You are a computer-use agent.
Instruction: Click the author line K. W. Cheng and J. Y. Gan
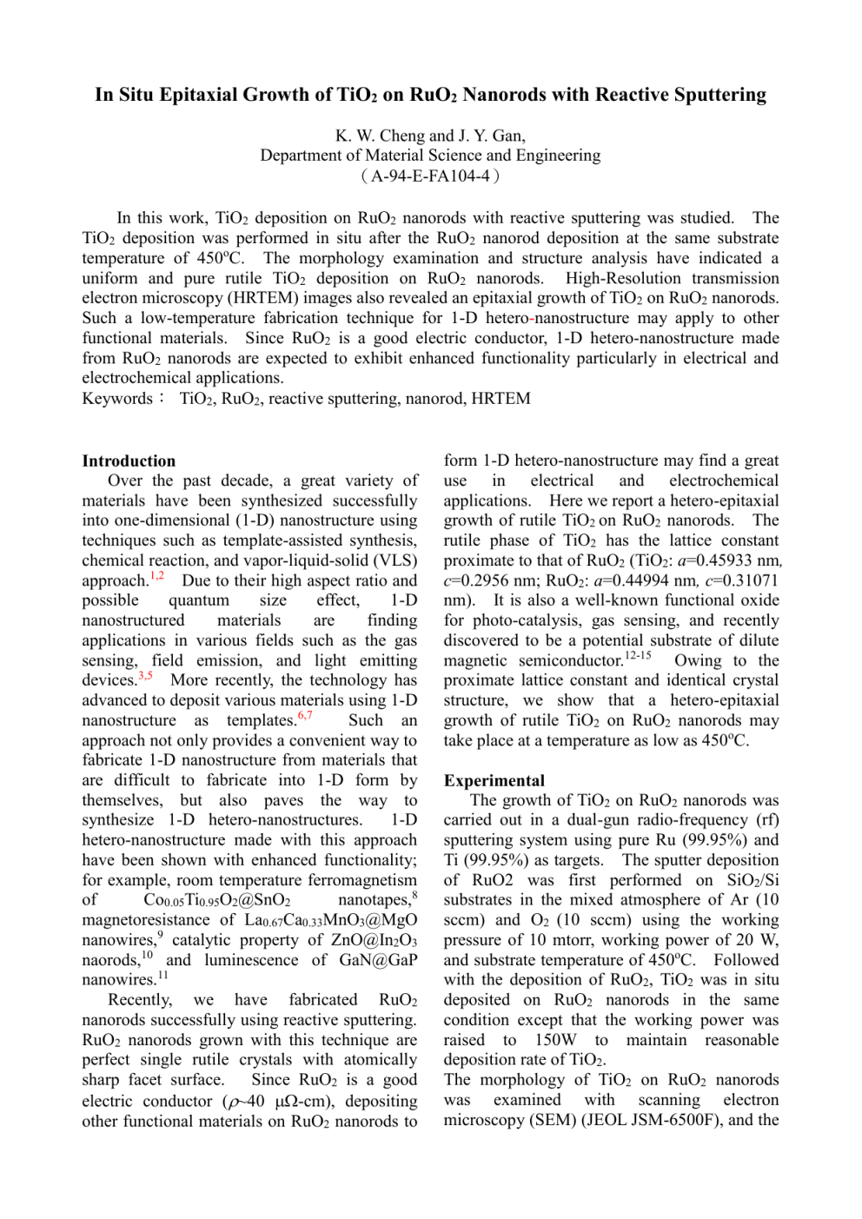430,136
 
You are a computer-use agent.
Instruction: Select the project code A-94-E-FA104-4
430,176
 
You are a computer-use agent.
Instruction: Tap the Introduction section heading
129,461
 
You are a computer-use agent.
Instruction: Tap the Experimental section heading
494,780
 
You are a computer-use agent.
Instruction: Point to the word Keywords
117,399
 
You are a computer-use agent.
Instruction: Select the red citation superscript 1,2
156,576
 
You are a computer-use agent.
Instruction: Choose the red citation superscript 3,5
145,676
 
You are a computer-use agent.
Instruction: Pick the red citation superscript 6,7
305,716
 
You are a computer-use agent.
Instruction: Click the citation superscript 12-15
638,656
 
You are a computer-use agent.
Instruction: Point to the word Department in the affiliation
299,156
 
